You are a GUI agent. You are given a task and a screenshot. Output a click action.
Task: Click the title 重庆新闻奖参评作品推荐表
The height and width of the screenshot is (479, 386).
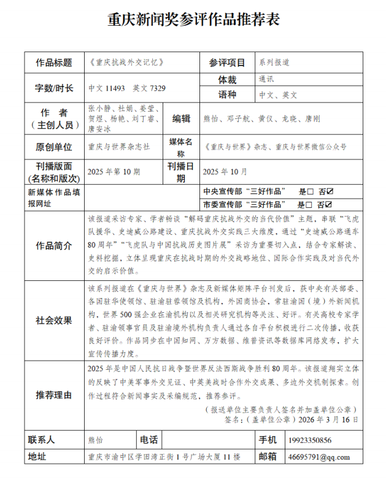click(x=193, y=19)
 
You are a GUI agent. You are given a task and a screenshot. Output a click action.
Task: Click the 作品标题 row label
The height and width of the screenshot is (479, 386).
click(x=54, y=63)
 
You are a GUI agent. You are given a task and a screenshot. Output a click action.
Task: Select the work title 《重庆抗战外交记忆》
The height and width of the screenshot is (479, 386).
click(x=126, y=63)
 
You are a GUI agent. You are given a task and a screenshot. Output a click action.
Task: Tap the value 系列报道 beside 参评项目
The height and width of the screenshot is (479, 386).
click(x=274, y=63)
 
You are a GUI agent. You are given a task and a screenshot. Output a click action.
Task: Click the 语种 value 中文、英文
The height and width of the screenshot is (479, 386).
click(x=278, y=95)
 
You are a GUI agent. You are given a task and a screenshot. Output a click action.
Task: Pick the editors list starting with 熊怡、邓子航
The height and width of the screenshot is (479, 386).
click(x=260, y=119)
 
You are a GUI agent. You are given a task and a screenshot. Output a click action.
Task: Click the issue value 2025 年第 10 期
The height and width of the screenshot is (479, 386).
click(x=114, y=171)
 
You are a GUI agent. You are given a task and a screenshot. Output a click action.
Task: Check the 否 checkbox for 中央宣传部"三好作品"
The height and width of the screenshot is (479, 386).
click(x=330, y=191)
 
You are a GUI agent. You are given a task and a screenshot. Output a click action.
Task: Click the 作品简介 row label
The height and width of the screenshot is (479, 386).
click(x=54, y=245)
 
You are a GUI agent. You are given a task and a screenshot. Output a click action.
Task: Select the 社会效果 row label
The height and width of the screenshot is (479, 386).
click(x=54, y=320)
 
